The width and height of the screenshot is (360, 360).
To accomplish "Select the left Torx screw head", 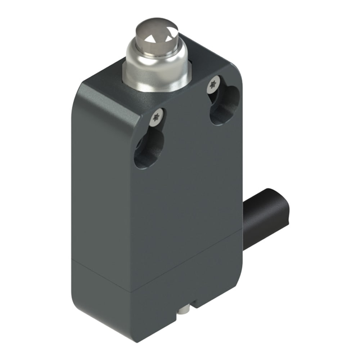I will click(x=157, y=118).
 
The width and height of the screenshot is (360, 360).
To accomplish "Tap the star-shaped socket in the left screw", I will click(x=157, y=118).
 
